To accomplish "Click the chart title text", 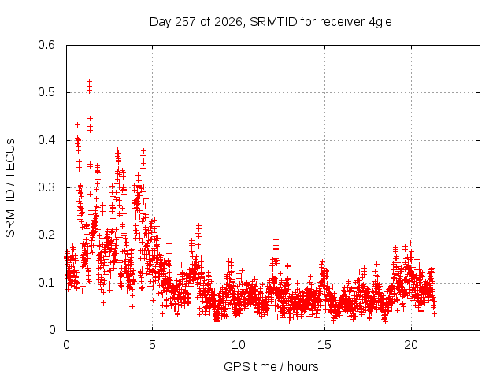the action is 271,22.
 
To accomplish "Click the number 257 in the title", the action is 186,22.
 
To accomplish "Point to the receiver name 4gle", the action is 380,23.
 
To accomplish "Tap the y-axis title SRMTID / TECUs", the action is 10,188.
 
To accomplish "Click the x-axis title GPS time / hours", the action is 271,366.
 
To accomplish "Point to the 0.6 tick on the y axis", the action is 46,45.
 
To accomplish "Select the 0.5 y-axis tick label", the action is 46,92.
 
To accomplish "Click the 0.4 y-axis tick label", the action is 46,140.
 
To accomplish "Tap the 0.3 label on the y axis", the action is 46,187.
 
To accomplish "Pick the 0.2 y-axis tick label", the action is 46,235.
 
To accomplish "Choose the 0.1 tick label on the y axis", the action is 46,283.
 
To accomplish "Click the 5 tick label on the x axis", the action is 152,345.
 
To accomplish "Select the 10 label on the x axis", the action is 239,345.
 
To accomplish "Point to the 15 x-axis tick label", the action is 324,345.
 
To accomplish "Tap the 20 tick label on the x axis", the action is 411,345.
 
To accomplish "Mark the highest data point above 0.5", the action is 89,82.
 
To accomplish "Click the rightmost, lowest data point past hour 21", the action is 435,313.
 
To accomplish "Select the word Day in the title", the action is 161,23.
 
